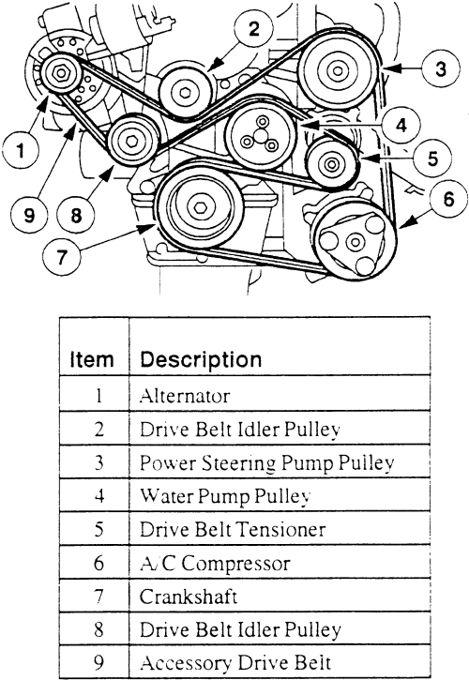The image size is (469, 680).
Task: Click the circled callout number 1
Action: (x=21, y=150)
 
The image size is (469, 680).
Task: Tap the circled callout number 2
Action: (x=254, y=29)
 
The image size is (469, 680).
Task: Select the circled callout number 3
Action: (x=441, y=69)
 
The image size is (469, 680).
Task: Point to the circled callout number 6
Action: (x=448, y=199)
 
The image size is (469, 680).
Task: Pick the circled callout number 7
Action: (x=62, y=258)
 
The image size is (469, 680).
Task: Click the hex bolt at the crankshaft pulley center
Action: (x=200, y=207)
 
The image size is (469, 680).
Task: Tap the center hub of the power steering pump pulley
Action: (x=337, y=69)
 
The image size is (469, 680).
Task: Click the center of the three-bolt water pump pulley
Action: (x=260, y=136)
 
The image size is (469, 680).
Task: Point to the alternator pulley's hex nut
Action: (x=59, y=73)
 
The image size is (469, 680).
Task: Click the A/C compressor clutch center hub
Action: (x=355, y=241)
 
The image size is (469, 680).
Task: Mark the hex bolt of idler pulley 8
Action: (x=132, y=141)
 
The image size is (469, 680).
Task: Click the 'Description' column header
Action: (x=201, y=359)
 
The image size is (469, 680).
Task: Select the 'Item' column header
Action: (x=92, y=359)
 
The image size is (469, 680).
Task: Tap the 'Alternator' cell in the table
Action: (x=185, y=396)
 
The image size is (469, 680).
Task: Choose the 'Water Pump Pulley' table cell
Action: (x=225, y=496)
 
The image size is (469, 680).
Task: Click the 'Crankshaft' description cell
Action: (x=189, y=597)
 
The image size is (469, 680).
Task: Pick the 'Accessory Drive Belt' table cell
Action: (x=235, y=663)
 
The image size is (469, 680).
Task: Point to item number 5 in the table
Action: (x=98, y=530)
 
